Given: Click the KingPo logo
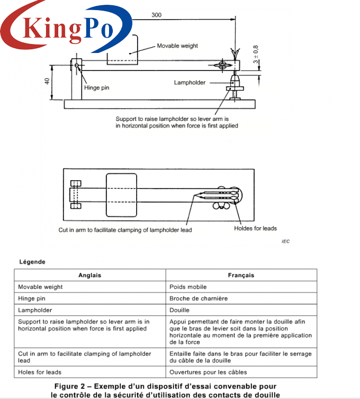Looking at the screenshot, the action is (x=66, y=26).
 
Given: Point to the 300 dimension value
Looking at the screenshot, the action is (x=156, y=15).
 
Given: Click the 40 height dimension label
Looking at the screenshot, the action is (x=47, y=81).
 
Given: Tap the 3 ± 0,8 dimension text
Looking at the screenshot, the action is (x=256, y=54).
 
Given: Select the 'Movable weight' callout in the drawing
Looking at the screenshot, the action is (x=177, y=46).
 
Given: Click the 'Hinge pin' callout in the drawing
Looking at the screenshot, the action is (x=96, y=87).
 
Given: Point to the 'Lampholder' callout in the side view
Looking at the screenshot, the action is (x=190, y=83).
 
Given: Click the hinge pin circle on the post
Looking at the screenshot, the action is (x=77, y=65).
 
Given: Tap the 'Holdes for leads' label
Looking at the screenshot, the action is (x=255, y=228).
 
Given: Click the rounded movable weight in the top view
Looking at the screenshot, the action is (x=121, y=195).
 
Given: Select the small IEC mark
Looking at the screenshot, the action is (x=285, y=241).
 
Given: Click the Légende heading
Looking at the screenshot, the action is (x=32, y=262).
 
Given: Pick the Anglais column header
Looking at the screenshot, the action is (x=90, y=275).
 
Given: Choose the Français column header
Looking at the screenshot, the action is (x=241, y=275).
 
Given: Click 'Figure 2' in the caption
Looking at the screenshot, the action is (x=69, y=386).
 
